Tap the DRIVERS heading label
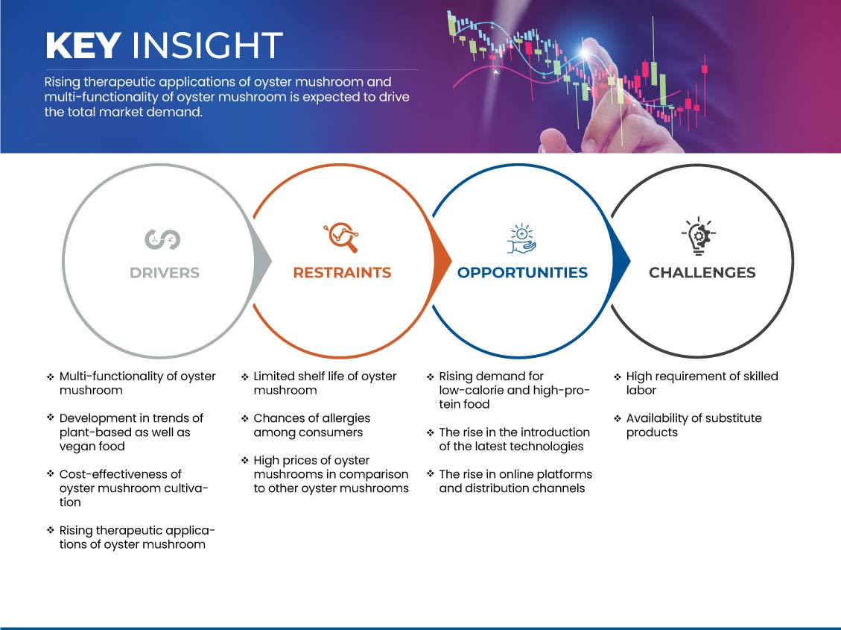(165, 273)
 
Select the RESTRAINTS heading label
(342, 273)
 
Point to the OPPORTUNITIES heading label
(522, 273)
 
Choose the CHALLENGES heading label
(702, 273)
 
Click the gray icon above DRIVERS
(162, 239)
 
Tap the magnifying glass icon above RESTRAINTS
(341, 237)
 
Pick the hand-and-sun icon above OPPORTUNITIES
(522, 239)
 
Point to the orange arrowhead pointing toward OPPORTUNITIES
(442, 262)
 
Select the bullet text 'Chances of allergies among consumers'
(312, 425)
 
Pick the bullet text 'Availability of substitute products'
(694, 425)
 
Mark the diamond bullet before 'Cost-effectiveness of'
(51, 473)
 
